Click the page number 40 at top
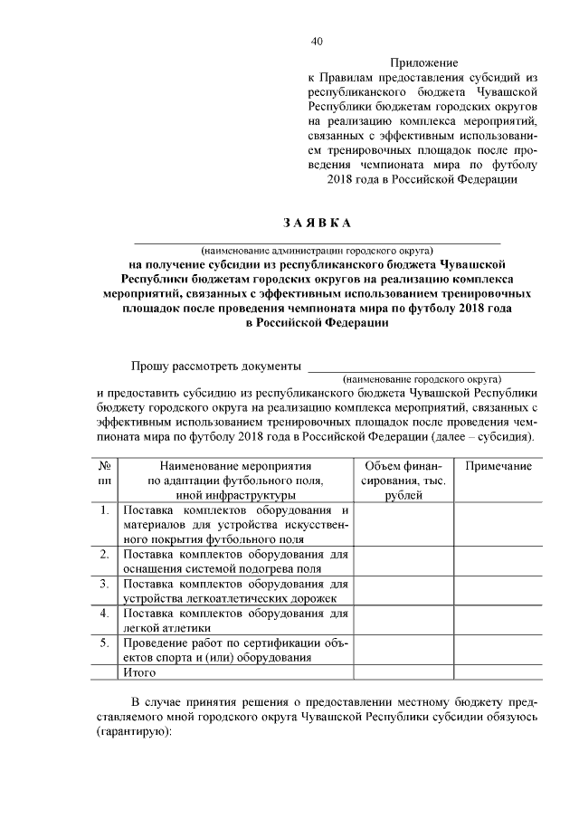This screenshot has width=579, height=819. click(x=316, y=42)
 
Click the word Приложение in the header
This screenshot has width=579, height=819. click(x=423, y=63)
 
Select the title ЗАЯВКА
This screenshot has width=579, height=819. click(x=317, y=224)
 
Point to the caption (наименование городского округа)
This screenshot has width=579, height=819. click(x=422, y=379)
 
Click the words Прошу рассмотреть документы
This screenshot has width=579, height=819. click(x=215, y=367)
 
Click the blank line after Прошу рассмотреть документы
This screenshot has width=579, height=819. click(x=422, y=367)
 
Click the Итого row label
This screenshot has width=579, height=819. click(x=138, y=673)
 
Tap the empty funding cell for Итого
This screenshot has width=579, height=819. click(x=403, y=673)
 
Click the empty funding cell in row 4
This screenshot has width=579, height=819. click(x=403, y=621)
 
